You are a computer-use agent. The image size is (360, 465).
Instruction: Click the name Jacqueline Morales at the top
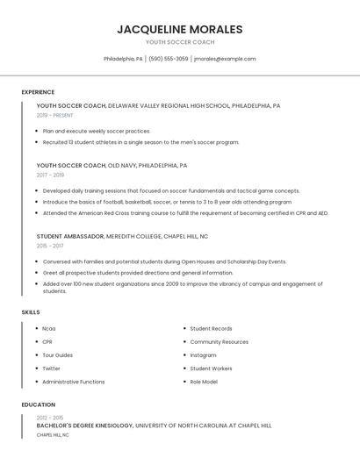point(179,29)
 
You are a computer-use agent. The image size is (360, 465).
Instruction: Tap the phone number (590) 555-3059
point(169,59)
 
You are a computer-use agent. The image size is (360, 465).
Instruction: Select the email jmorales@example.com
point(225,59)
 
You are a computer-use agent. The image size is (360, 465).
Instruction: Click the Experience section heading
point(38,92)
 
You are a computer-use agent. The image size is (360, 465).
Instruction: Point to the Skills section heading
point(31,312)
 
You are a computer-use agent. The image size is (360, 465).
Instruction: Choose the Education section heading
point(38,404)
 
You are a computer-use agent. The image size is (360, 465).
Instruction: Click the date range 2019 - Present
point(55,115)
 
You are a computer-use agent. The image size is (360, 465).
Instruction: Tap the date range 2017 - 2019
point(50,175)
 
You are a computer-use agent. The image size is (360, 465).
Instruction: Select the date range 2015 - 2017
point(50,247)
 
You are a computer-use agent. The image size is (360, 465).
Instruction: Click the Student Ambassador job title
point(69,236)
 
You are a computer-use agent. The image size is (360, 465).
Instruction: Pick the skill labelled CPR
point(47,341)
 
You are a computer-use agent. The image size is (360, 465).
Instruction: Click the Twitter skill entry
point(51,368)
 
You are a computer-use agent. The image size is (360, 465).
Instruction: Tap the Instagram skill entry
point(203,355)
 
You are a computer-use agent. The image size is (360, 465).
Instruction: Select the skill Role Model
point(205,382)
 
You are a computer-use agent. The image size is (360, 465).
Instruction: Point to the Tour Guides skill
point(57,355)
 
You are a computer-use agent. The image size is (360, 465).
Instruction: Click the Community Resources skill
point(219,341)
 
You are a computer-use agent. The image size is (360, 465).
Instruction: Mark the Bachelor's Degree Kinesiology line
point(84,426)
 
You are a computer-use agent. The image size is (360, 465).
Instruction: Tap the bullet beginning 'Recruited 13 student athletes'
point(140,142)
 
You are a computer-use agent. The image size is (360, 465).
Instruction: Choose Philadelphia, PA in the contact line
point(123,59)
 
